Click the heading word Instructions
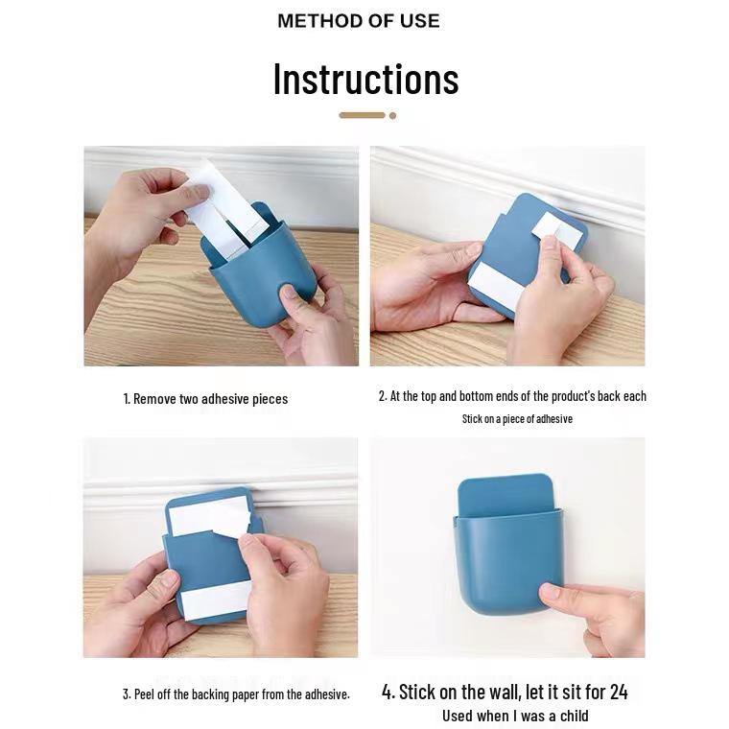(365, 79)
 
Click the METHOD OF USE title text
(358, 21)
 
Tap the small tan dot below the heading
(392, 115)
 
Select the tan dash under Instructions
(362, 115)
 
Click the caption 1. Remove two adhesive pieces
(205, 399)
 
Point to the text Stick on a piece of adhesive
(517, 419)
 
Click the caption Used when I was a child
(515, 716)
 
